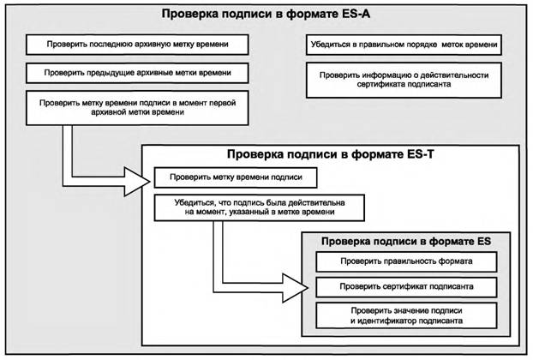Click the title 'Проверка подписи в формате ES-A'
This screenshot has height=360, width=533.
coord(266,15)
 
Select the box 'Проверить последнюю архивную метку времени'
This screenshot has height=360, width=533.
coord(128,42)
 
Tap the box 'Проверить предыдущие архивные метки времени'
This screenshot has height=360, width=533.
coord(128,72)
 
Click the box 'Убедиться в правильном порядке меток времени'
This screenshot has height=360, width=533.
coord(403,42)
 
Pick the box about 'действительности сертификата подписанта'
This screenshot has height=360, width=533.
coord(403,80)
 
